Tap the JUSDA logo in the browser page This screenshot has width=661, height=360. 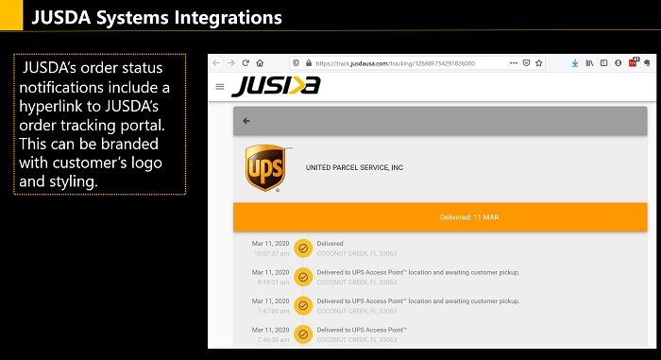click(x=276, y=86)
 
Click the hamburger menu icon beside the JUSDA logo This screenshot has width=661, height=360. click(x=220, y=86)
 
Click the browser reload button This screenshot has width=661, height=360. click(x=246, y=63)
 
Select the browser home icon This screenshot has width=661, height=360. click(x=260, y=63)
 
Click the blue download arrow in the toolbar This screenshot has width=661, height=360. click(x=575, y=63)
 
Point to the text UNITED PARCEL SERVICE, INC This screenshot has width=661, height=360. click(x=354, y=167)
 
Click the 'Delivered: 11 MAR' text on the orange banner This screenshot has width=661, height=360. click(x=440, y=217)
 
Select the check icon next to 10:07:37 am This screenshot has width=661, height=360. click(x=303, y=249)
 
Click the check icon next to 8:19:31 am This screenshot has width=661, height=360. click(x=303, y=277)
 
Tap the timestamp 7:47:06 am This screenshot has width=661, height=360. click(x=273, y=310)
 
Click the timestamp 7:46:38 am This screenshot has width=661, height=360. click(x=273, y=338)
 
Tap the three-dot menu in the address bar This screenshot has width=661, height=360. click(x=514, y=63)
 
